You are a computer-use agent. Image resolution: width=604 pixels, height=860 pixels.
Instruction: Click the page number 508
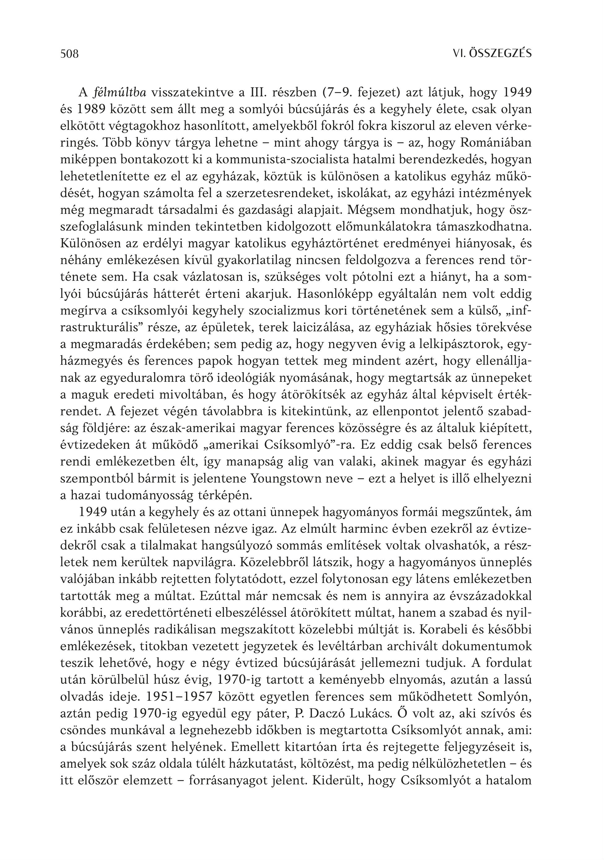(x=70, y=54)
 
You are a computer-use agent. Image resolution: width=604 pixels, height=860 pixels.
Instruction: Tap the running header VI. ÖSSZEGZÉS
(x=492, y=54)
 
